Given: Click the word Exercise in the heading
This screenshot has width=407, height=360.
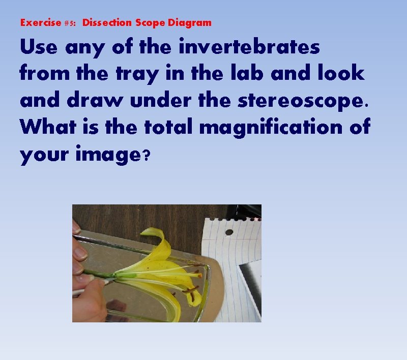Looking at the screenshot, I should click(x=41, y=23).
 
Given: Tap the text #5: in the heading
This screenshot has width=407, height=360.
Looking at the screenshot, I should click(x=71, y=23).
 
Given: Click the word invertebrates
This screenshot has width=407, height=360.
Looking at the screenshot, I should click(x=249, y=47).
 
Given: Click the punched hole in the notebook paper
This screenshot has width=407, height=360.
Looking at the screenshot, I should click(x=229, y=232).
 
